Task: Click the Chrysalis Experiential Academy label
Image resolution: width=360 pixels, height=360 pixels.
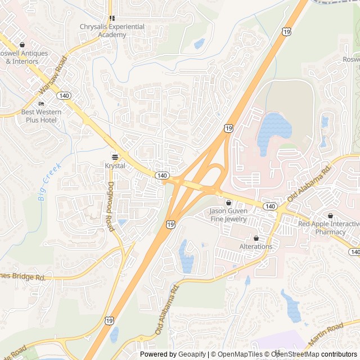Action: pos(112,30)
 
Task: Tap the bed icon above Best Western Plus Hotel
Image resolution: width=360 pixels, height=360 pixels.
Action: pos(41,104)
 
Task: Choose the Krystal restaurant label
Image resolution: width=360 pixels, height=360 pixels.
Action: pos(115,166)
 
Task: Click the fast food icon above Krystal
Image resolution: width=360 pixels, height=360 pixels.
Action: pos(115,156)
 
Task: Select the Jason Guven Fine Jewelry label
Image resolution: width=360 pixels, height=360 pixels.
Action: pos(228,215)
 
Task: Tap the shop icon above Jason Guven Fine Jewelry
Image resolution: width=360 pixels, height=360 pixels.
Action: pos(228,202)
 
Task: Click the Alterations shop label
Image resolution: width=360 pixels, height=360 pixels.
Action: pos(256,246)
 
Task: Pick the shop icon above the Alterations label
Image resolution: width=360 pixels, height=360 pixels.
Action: pos(256,237)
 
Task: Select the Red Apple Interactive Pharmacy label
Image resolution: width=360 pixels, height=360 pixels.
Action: pos(330,227)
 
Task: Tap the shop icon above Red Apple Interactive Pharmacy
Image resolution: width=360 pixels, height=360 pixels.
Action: pos(330,215)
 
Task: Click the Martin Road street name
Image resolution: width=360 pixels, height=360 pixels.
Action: pos(326,334)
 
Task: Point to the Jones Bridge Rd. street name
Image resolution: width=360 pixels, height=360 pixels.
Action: pos(22,277)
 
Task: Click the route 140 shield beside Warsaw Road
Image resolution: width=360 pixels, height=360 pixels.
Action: pos(64,96)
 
